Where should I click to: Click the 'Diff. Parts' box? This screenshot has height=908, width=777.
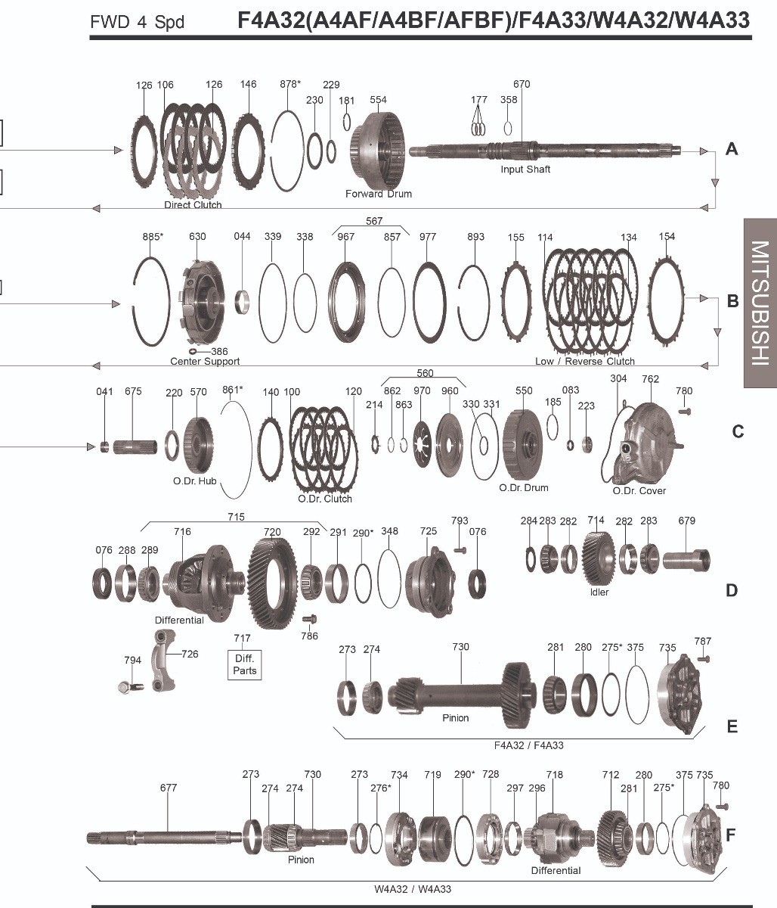[244, 664]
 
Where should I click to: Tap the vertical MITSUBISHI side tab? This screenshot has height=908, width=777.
[760, 303]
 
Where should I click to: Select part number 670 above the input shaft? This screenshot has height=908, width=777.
[522, 84]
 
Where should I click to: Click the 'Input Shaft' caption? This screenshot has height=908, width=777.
[525, 169]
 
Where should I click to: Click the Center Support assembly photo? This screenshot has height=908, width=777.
[203, 303]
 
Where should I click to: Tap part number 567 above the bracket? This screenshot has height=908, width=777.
[374, 221]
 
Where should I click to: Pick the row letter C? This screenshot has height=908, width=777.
[738, 432]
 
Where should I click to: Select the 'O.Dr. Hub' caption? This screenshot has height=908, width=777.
[194, 481]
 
